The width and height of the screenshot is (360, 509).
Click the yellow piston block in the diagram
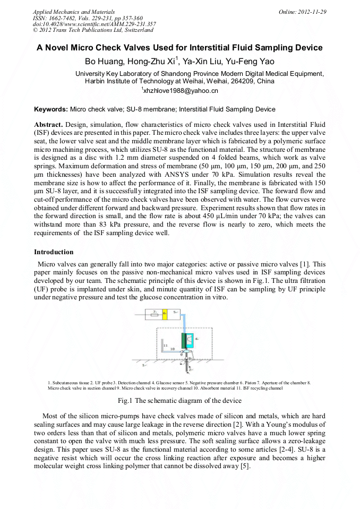(x=165, y=314)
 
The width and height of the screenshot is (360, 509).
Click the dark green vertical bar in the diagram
(x=183, y=340)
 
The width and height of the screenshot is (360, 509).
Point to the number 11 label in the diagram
(x=165, y=346)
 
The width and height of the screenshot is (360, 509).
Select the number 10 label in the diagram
(x=172, y=349)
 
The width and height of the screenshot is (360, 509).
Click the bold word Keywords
(x=51, y=109)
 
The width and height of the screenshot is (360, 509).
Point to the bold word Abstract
(x=48, y=124)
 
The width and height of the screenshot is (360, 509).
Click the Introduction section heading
(x=54, y=252)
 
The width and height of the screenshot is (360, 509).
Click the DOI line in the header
(x=95, y=24)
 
